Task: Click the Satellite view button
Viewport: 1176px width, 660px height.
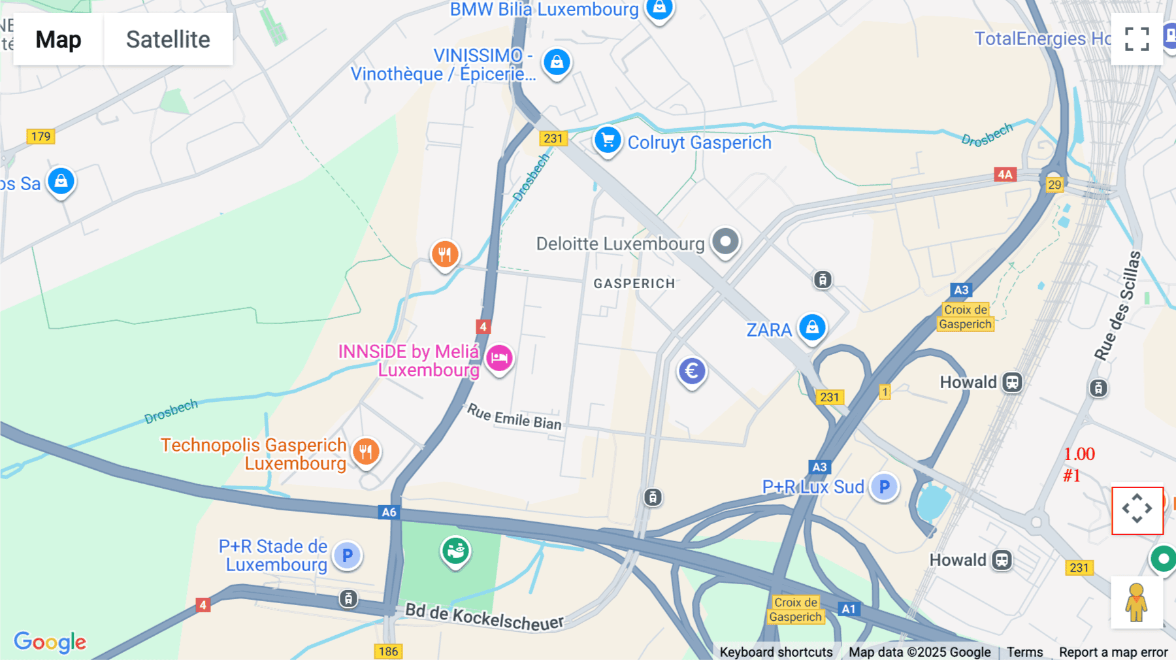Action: (168, 39)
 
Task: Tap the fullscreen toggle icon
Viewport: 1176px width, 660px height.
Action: (1137, 39)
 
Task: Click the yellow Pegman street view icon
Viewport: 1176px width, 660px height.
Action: (1137, 602)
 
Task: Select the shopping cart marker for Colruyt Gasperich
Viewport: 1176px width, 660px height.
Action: (608, 140)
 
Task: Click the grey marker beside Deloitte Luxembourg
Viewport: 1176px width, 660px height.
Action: (725, 242)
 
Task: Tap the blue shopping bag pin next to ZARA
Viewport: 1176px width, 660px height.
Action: (812, 327)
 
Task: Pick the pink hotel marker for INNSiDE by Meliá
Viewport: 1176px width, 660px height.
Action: (500, 358)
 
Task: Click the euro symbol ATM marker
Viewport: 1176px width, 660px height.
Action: (692, 371)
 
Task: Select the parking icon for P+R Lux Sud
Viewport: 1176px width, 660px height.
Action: (884, 487)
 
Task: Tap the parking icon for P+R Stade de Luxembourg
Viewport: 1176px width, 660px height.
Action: (348, 555)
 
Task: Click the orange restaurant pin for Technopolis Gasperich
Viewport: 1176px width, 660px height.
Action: (366, 451)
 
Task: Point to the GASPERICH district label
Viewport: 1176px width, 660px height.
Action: (634, 284)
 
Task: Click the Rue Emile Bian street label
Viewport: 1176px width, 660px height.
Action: (514, 418)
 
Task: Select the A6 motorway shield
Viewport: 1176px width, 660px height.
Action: (389, 512)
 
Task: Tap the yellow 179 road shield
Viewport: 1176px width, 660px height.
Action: (41, 137)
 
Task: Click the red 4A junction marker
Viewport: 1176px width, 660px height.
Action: (1005, 174)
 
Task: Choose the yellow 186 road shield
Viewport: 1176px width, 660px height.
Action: (388, 651)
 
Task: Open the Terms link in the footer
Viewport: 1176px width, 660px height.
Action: (1024, 652)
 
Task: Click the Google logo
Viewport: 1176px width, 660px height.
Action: (50, 642)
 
